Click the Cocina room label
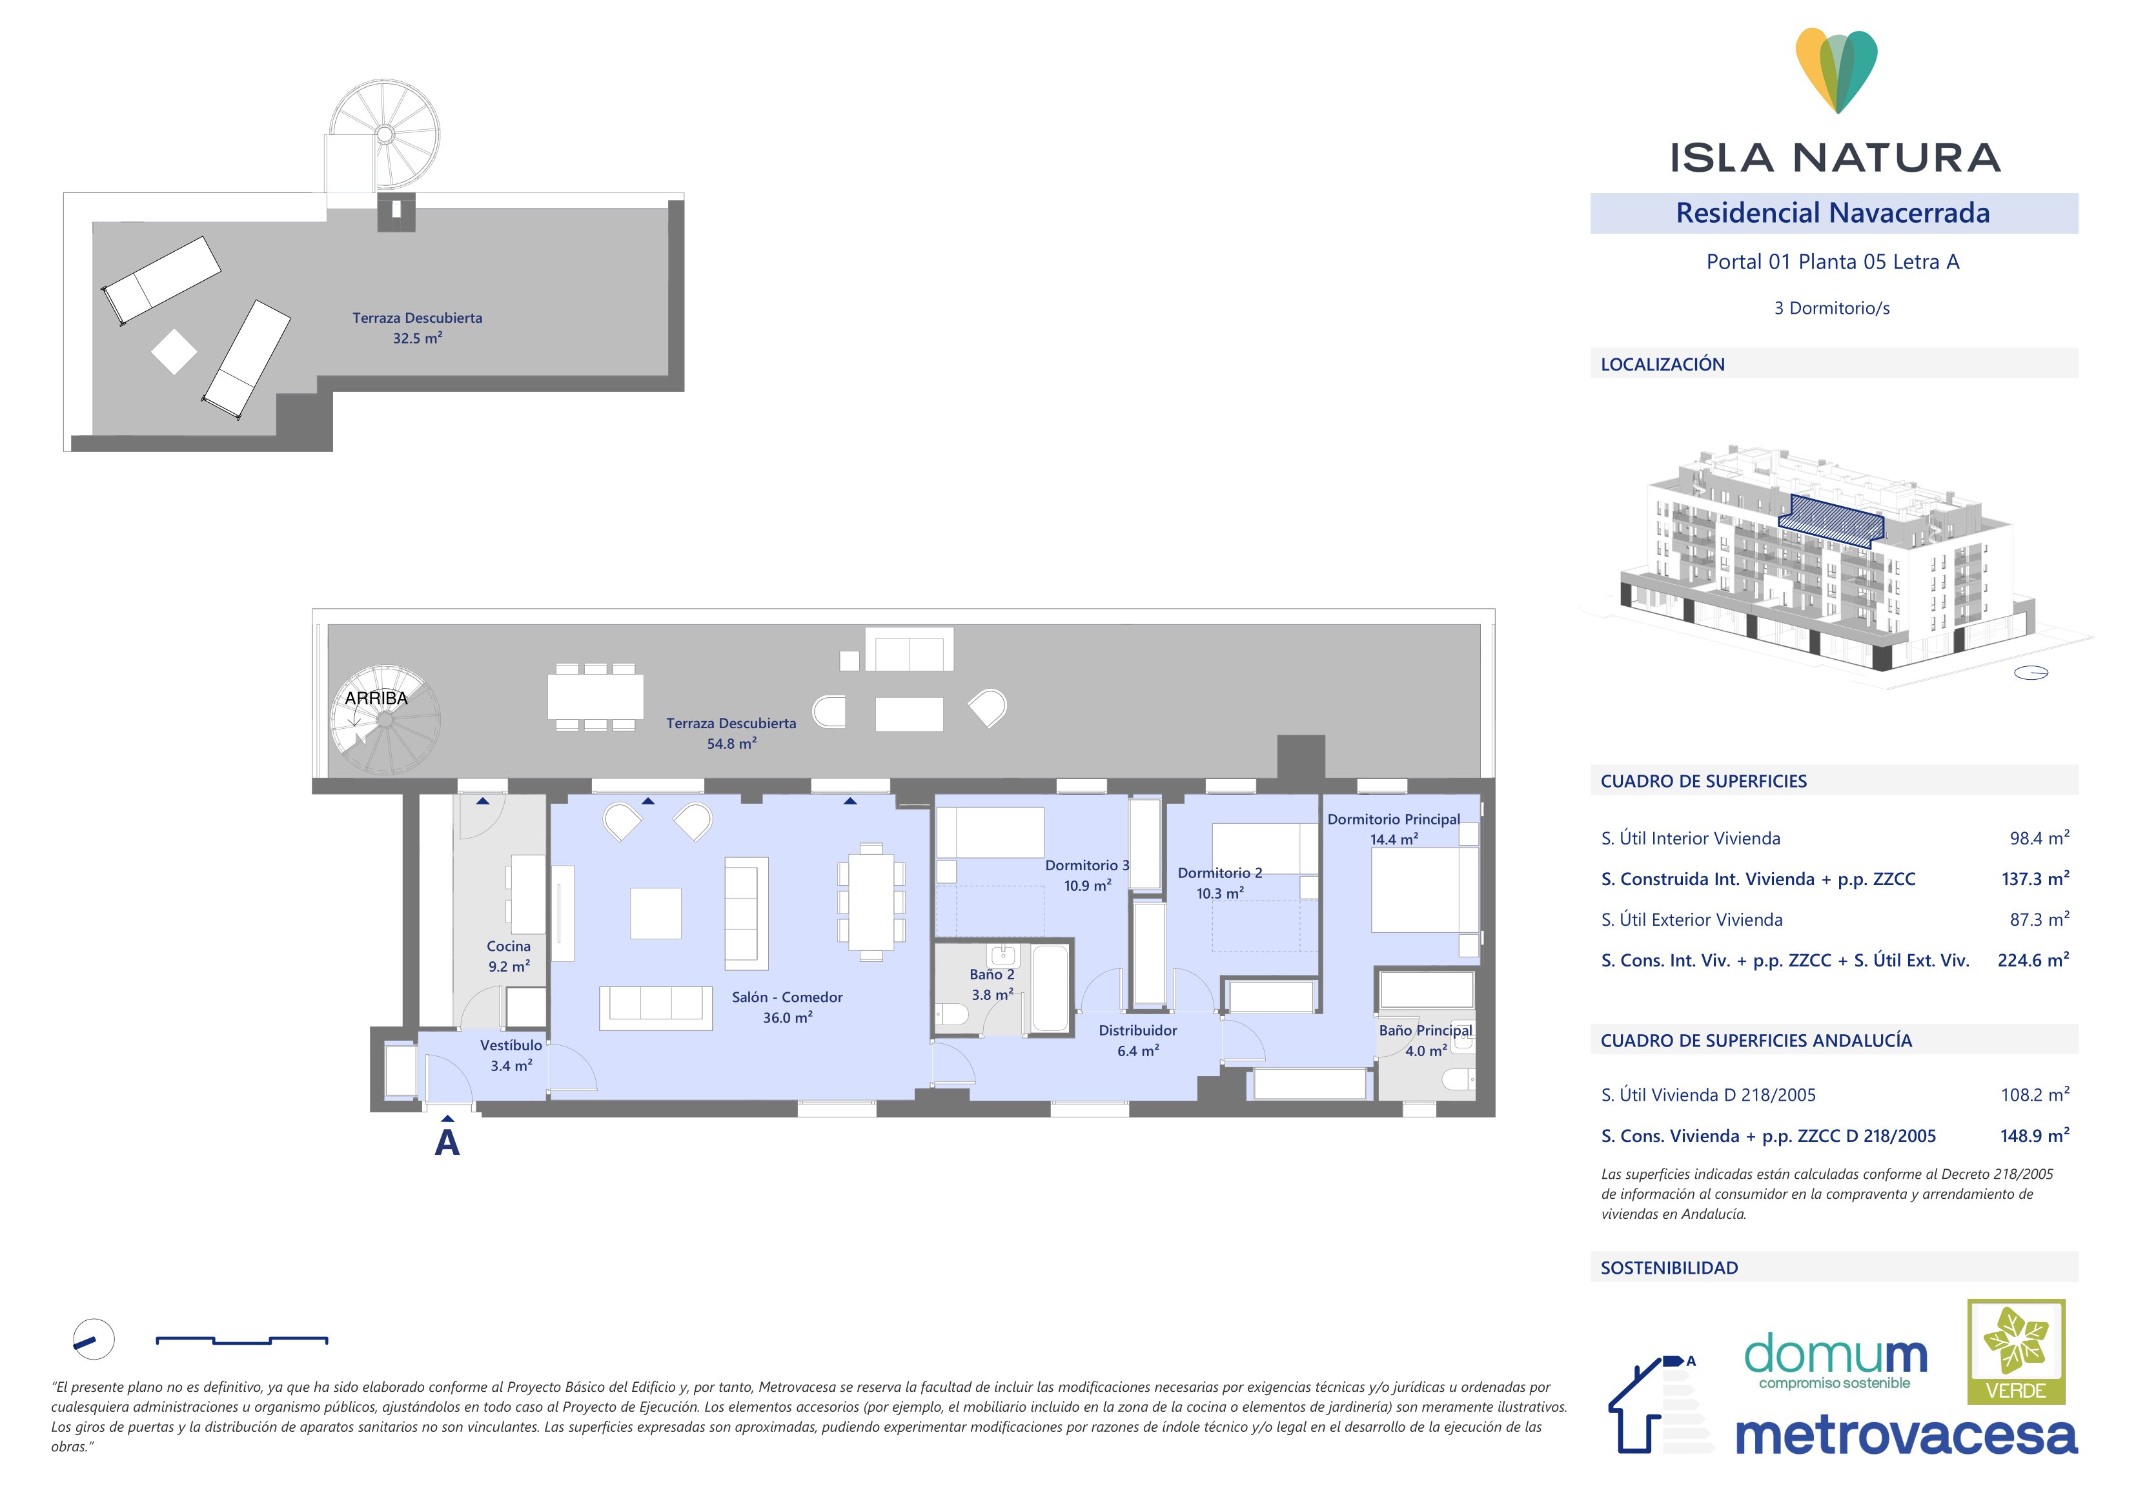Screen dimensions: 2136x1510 509,946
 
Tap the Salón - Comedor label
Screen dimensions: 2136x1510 787,997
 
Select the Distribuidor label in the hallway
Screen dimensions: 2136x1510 1138,1031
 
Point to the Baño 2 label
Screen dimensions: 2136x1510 992,975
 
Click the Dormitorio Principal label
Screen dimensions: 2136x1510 1394,820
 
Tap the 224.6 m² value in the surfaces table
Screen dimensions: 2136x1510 2033,960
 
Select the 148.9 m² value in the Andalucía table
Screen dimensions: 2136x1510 2035,1136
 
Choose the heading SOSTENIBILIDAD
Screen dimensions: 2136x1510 1669,1268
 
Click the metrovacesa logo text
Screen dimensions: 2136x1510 1906,1436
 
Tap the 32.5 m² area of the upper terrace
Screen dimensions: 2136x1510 417,339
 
